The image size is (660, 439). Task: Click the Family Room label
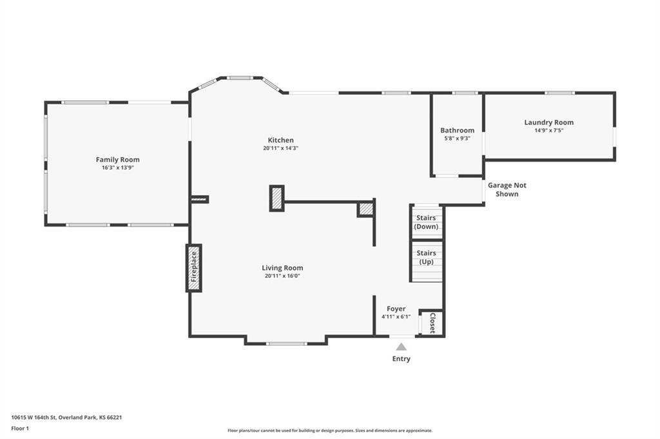point(117,160)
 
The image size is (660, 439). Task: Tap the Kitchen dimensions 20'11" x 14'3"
point(281,148)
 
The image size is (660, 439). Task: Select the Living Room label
point(282,268)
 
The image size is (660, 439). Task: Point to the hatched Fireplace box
point(193,268)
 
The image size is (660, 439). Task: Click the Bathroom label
point(457,131)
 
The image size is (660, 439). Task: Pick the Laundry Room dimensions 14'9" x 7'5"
point(549,131)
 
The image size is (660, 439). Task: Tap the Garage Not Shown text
point(507,190)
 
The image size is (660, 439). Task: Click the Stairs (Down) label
point(426,222)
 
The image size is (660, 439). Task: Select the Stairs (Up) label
point(426,257)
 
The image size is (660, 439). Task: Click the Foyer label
point(396,308)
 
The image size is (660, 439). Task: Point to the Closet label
point(432,323)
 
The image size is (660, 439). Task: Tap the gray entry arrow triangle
point(401,347)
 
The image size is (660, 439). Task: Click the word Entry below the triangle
point(401,359)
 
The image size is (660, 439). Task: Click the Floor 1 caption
point(20,429)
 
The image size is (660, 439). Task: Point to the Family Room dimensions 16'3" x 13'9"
point(117,167)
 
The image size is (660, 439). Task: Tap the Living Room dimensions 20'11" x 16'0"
point(282,276)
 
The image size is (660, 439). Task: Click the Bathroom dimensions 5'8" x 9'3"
point(457,138)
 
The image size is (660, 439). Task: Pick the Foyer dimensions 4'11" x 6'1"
point(396,317)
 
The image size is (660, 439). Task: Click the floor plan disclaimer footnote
point(330,431)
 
